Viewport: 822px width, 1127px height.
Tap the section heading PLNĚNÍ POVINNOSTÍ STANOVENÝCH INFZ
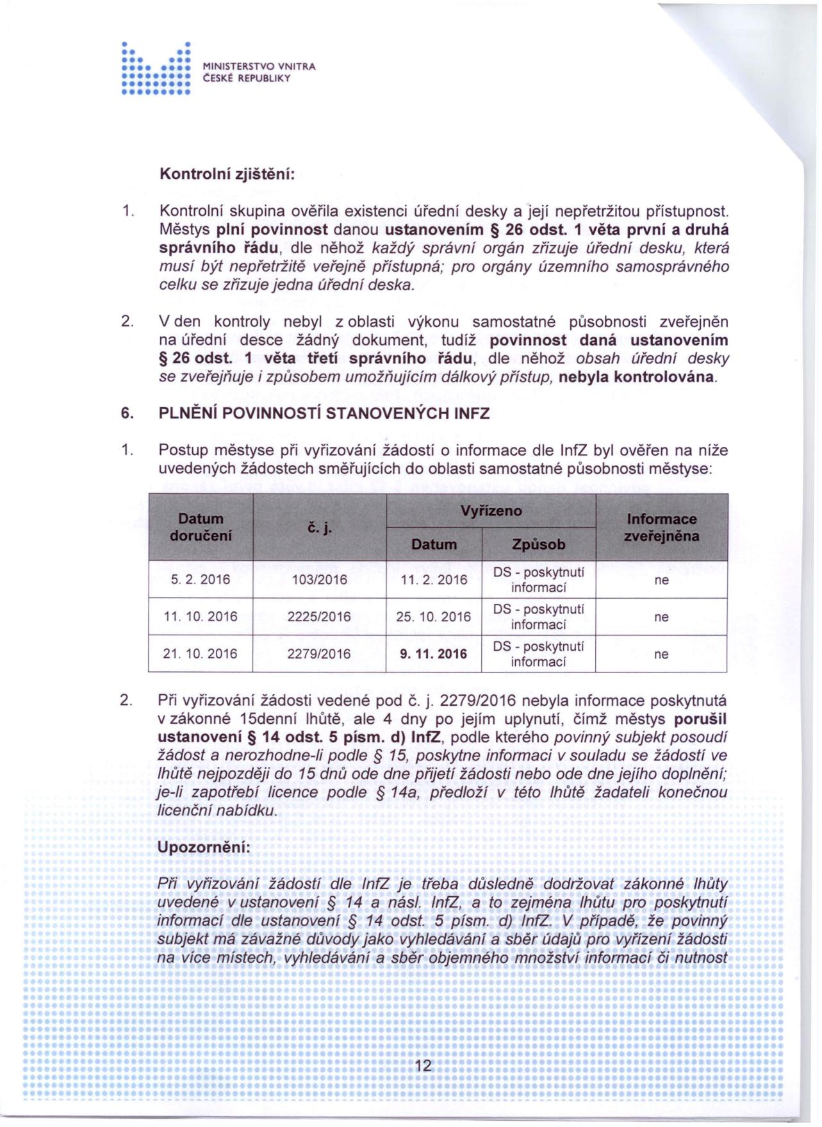(324, 413)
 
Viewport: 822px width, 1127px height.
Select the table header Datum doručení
(201, 527)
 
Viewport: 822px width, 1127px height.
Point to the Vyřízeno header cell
(491, 511)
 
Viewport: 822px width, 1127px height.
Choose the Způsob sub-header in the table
(538, 544)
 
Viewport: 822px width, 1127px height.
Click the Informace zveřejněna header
(661, 528)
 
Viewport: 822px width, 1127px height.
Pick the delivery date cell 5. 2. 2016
(201, 580)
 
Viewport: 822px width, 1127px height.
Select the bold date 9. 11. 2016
(433, 654)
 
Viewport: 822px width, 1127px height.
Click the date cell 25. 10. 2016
(433, 617)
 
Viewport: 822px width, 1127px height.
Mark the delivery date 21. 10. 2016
(201, 654)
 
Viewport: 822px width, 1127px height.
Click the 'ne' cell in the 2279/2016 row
(661, 654)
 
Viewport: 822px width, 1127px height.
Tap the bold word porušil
(696, 719)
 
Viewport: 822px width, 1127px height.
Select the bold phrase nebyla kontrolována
(637, 377)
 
